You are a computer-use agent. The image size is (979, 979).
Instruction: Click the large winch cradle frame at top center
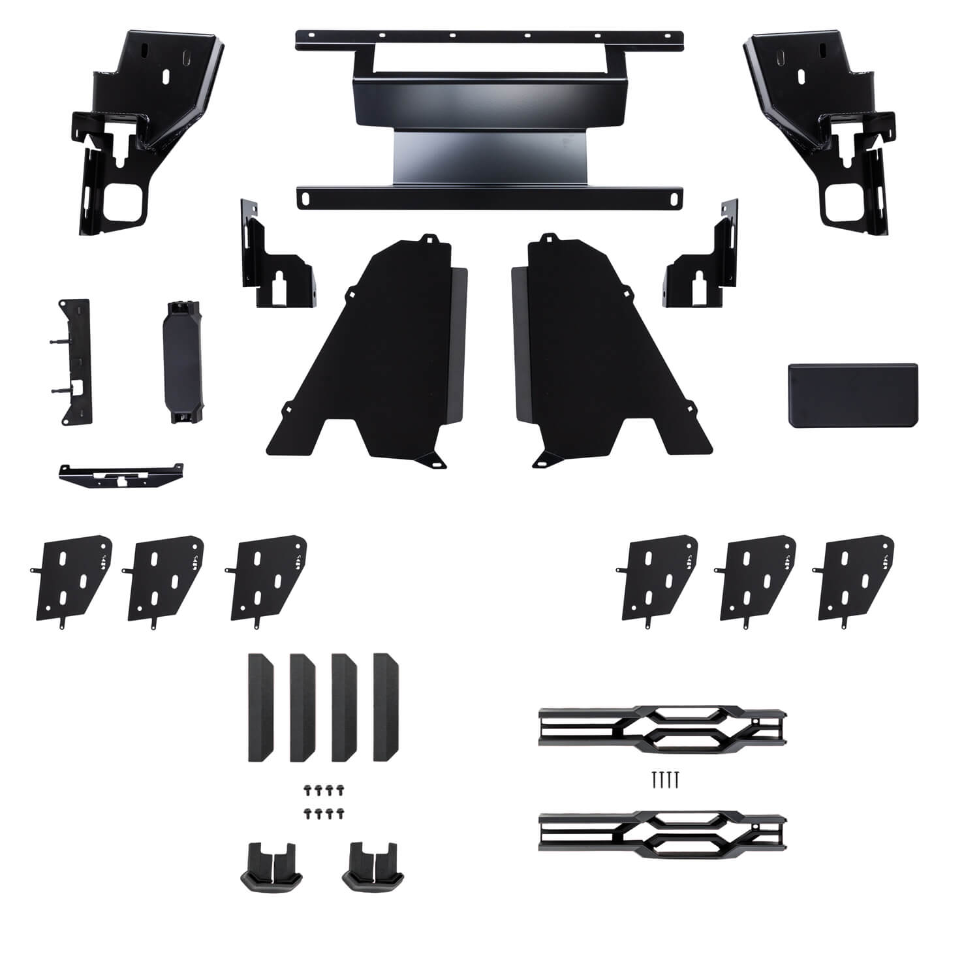(x=489, y=98)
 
